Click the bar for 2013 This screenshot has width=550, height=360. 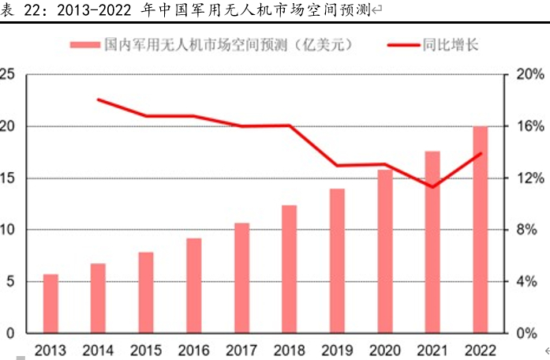pyautogui.click(x=51, y=303)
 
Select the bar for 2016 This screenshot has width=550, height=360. pyautogui.click(x=194, y=285)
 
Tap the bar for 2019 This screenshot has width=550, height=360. pyautogui.click(x=337, y=261)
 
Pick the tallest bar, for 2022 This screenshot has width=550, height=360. pyautogui.click(x=480, y=229)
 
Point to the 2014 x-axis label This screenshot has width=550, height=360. pyautogui.click(x=98, y=349)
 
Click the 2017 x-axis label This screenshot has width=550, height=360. pyautogui.click(x=241, y=349)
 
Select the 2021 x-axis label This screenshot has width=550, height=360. pyautogui.click(x=432, y=349)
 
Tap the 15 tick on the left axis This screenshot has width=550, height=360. pyautogui.click(x=7, y=178)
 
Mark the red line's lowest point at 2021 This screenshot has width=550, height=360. pyautogui.click(x=432, y=187)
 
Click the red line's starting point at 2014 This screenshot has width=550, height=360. pyautogui.click(x=99, y=99)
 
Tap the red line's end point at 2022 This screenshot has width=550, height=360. pyautogui.click(x=480, y=154)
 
